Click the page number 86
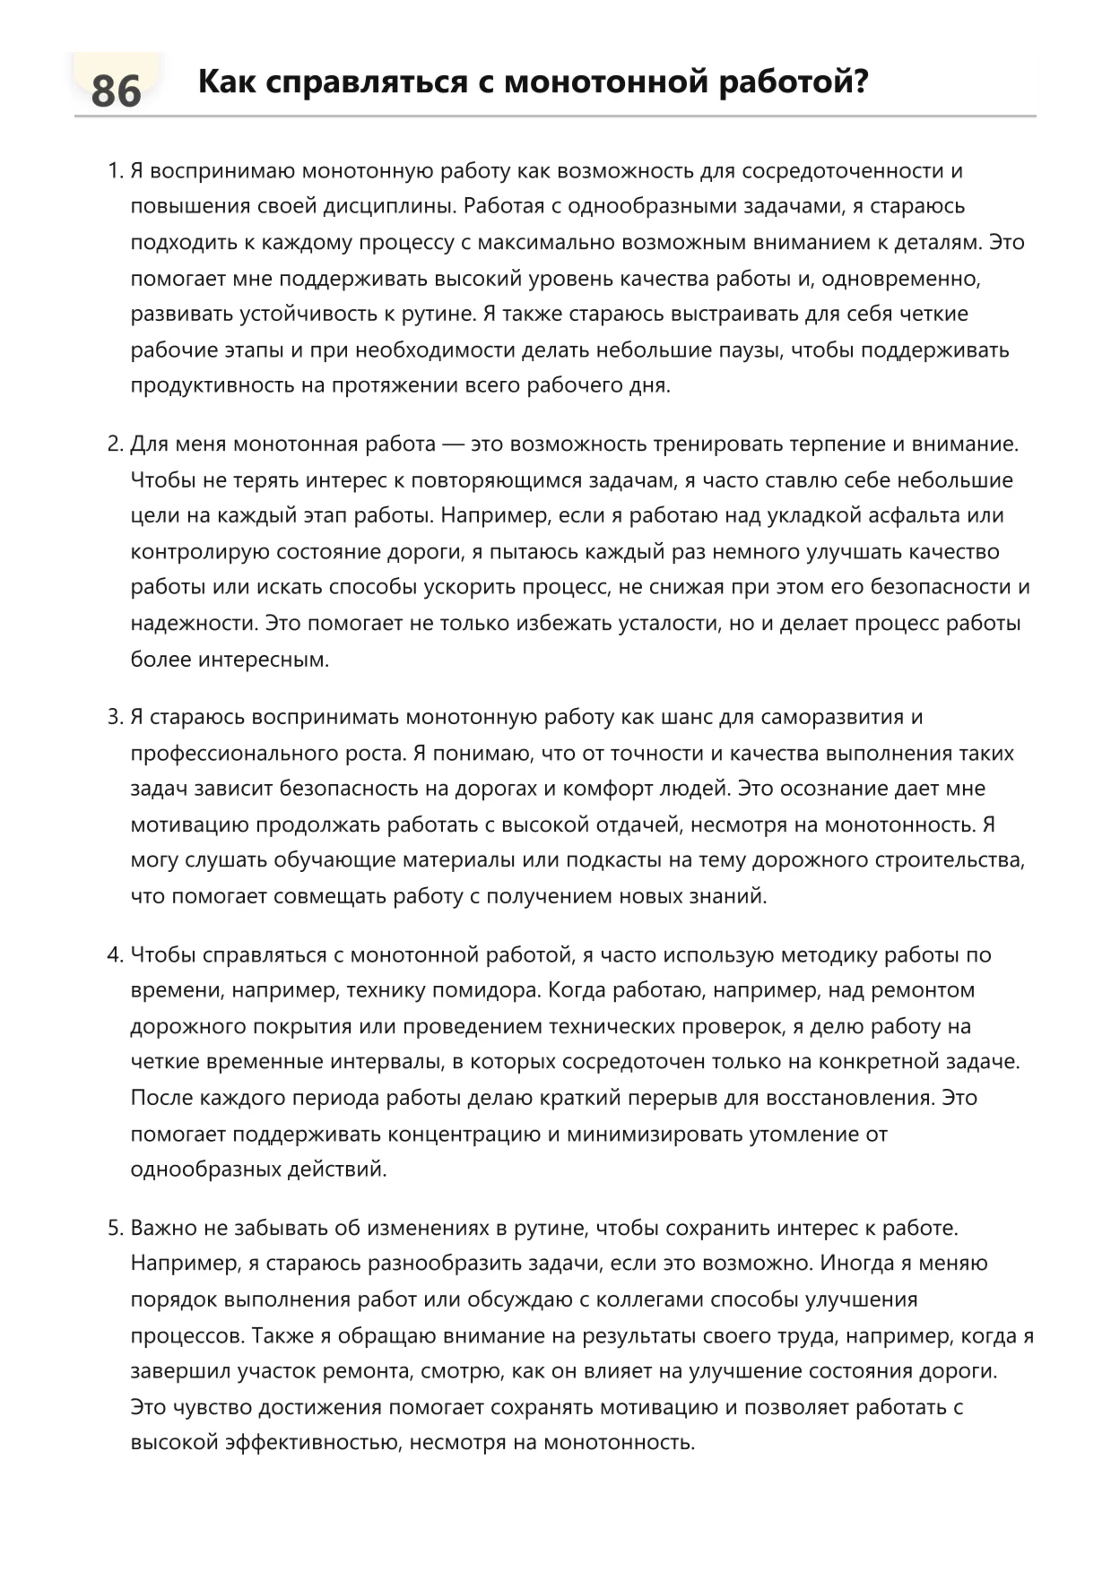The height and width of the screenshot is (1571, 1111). [x=116, y=91]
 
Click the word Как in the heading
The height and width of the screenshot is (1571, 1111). [x=226, y=82]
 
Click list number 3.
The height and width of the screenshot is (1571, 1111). [x=114, y=718]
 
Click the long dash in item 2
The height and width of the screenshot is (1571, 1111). [x=453, y=445]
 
